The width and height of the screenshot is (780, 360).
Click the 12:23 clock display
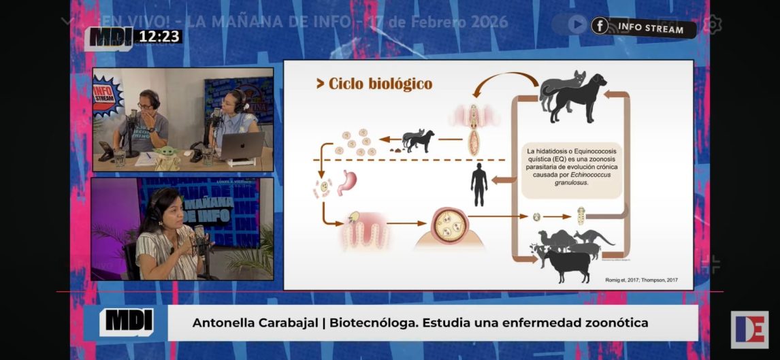[160, 36]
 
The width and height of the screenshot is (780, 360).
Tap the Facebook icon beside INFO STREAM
[600, 26]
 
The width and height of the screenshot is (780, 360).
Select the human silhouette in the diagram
[479, 184]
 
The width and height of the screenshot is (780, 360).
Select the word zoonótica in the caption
[615, 323]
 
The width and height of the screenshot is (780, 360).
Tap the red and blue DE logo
[749, 330]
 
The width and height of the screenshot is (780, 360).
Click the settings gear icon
[712, 24]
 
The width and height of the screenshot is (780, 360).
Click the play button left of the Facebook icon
[577, 24]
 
